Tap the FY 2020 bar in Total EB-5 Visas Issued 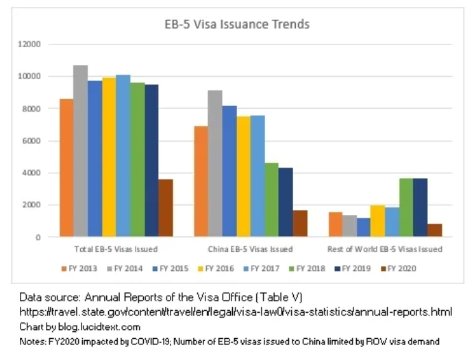point(166,208)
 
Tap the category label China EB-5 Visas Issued point(250,249)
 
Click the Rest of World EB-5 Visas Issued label point(384,249)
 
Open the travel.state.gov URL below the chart point(236,313)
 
